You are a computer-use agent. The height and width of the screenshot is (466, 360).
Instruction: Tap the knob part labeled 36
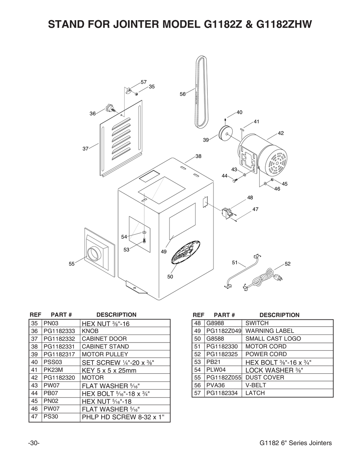(x=109, y=108)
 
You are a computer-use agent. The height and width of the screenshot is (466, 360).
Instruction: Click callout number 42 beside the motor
(x=281, y=133)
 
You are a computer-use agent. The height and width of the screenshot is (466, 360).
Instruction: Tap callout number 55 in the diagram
(x=72, y=264)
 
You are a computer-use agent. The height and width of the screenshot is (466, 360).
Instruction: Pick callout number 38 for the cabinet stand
(x=198, y=156)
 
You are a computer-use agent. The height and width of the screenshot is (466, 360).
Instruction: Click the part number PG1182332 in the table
(x=59, y=339)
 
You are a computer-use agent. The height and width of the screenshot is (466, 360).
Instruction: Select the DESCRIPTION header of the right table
(x=279, y=315)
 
